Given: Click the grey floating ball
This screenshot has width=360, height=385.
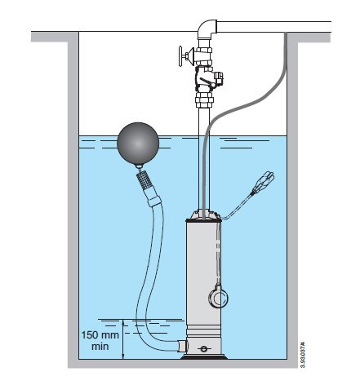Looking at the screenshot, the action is pos(138,144).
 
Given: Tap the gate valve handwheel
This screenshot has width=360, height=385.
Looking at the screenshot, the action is pos(180,56).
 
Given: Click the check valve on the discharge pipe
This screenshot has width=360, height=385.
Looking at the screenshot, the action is pos(207,78).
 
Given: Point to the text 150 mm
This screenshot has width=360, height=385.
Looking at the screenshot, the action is pos(100,334).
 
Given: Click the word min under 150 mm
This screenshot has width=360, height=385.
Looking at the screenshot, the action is pos(100,347).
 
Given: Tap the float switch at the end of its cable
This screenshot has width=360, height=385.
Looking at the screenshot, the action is pos(264,181).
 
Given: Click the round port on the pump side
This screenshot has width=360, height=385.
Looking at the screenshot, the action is pos(217,297).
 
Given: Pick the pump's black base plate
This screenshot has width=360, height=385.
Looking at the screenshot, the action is pos(203,357).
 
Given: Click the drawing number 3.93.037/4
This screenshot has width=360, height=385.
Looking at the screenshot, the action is pos(302,354).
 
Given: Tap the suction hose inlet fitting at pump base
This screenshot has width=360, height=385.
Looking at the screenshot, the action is pos(182,345).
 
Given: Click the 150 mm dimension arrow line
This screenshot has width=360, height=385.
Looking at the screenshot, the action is pos(123,339).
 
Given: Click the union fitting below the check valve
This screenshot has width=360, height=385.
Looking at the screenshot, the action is pos(205,100).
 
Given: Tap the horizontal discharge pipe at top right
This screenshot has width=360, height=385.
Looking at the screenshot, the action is pos(273,26).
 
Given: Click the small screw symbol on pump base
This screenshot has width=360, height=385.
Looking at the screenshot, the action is pos(203,349).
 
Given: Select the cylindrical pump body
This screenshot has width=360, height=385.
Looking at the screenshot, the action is pos(203,272).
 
